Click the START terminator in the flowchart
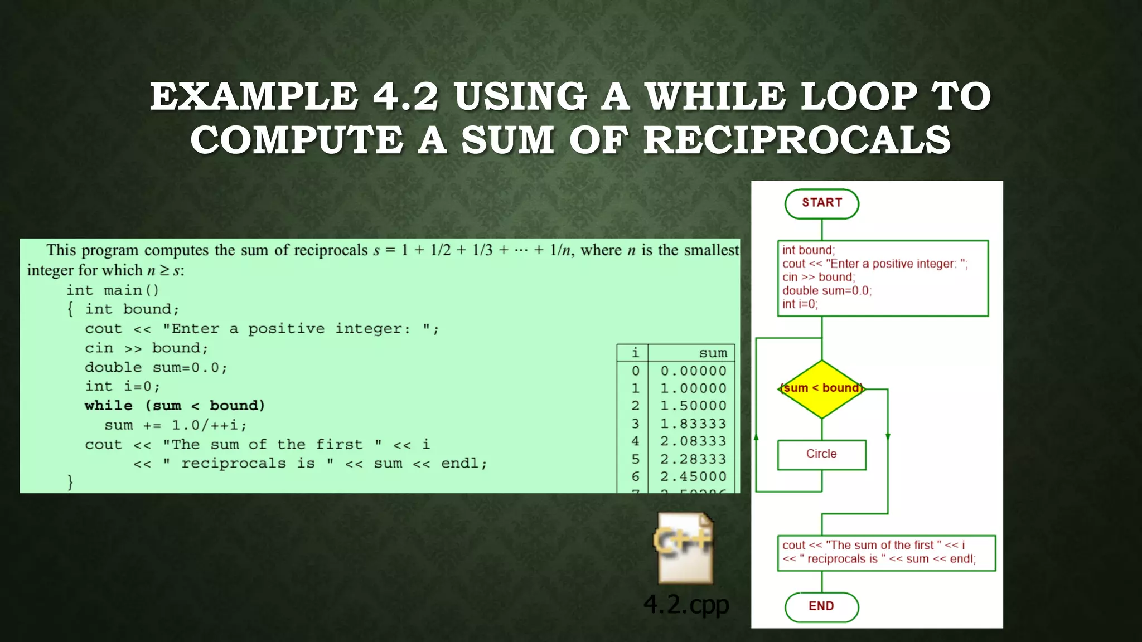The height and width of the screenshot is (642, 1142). (821, 203)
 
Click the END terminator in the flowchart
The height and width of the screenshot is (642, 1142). (821, 606)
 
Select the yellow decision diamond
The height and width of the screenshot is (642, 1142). (821, 389)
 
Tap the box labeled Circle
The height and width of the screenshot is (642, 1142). (821, 454)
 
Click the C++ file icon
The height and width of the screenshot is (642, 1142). (685, 548)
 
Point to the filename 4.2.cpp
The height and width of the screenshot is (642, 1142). (686, 605)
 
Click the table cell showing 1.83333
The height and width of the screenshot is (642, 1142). (693, 424)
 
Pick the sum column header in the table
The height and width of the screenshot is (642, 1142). (713, 353)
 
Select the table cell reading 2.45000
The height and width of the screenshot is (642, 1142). (693, 477)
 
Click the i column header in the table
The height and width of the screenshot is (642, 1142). (635, 353)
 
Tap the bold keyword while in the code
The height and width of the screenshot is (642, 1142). (109, 406)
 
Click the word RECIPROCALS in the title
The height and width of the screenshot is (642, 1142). (797, 140)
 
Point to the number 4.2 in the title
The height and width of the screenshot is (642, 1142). (405, 96)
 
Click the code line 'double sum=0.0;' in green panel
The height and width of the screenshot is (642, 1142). (156, 368)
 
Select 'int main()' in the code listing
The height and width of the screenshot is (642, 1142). (113, 290)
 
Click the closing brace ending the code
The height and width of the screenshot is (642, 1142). (70, 481)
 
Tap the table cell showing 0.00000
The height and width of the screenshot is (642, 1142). (693, 371)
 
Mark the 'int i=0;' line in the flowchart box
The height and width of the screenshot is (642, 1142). (800, 304)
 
